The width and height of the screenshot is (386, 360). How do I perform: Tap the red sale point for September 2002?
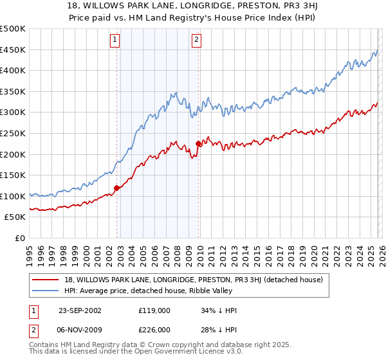pyautogui.click(x=117, y=188)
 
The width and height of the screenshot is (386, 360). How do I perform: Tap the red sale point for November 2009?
pyautogui.click(x=198, y=143)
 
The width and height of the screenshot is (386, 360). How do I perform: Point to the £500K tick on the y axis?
pyautogui.click(x=13, y=29)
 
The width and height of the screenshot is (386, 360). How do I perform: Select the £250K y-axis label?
pyautogui.click(x=13, y=133)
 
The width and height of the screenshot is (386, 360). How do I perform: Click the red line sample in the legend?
pyautogui.click(x=46, y=280)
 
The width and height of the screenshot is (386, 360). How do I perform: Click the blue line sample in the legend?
pyautogui.click(x=46, y=291)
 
